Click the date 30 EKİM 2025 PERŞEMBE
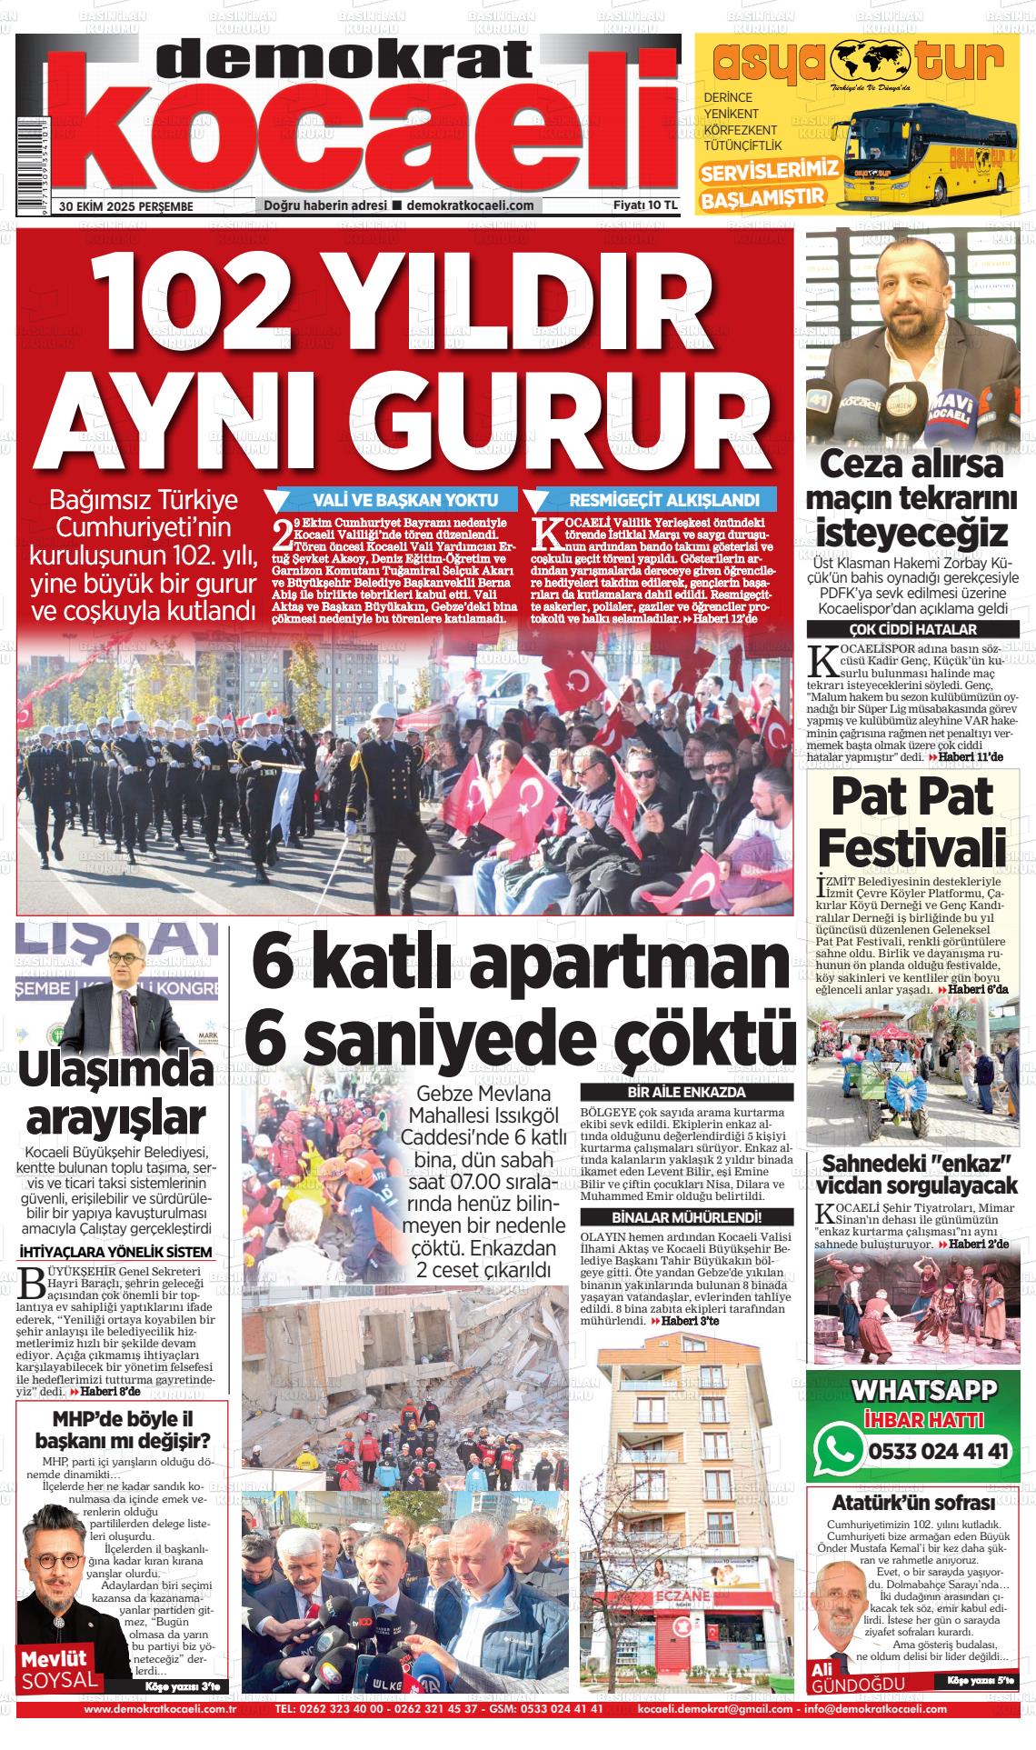[126, 206]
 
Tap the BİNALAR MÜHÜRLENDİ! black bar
[687, 1217]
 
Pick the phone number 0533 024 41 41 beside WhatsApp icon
[939, 1452]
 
